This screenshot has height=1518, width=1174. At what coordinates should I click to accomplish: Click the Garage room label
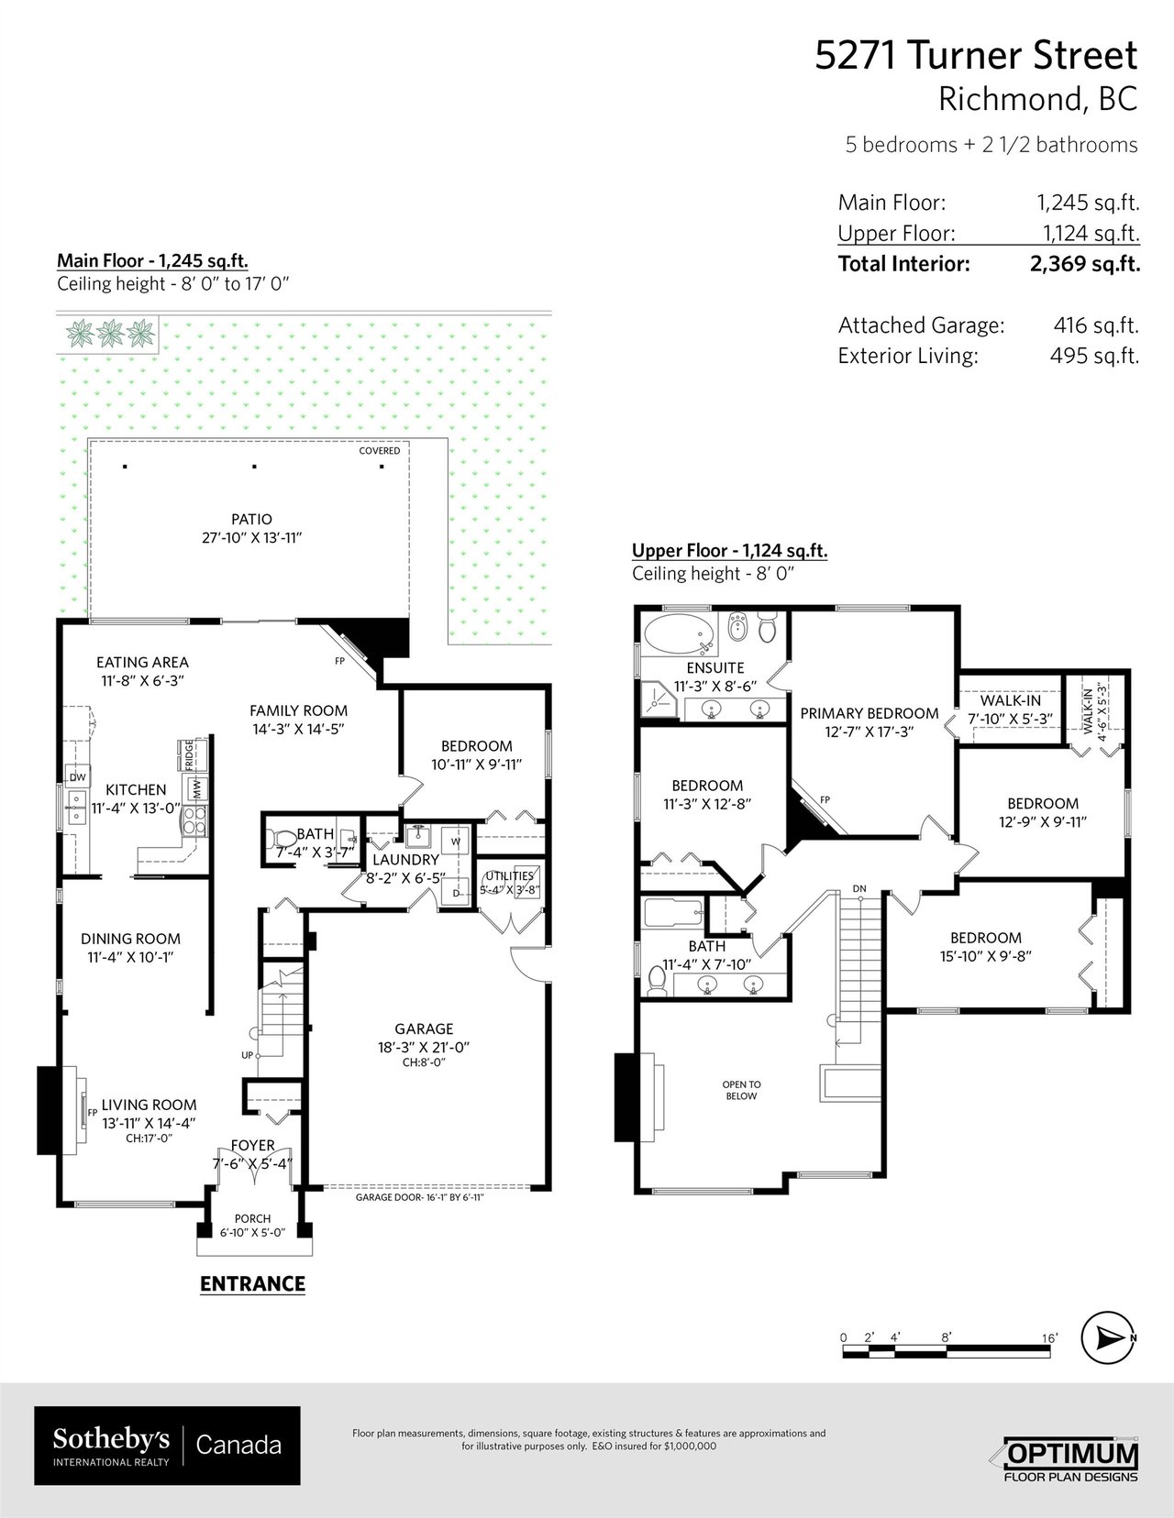pyautogui.click(x=424, y=1029)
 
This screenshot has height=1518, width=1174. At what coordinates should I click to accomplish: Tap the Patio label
pyautogui.click(x=251, y=519)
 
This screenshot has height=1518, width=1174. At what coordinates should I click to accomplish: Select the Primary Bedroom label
pyautogui.click(x=869, y=713)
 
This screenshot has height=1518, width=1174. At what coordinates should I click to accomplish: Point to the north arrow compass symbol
pyautogui.click(x=1108, y=1337)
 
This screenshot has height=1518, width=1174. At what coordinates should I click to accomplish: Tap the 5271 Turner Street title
pyautogui.click(x=976, y=55)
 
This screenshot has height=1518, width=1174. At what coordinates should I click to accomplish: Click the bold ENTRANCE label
pyautogui.click(x=252, y=1284)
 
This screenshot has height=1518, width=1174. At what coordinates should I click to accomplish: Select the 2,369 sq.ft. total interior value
pyautogui.click(x=1084, y=263)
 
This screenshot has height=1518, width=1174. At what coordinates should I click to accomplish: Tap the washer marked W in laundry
pyautogui.click(x=456, y=841)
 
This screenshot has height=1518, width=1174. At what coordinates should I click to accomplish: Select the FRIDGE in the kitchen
pyautogui.click(x=191, y=754)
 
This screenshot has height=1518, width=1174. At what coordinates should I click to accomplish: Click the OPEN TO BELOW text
pyautogui.click(x=741, y=1090)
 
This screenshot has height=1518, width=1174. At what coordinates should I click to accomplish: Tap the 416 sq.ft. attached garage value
pyautogui.click(x=1096, y=324)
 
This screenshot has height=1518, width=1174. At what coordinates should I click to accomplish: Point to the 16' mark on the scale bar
pyautogui.click(x=1048, y=1337)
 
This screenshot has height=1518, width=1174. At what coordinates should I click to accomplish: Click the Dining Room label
pyautogui.click(x=130, y=939)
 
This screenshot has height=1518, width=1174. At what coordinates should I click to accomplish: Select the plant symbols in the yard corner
pyautogui.click(x=110, y=334)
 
